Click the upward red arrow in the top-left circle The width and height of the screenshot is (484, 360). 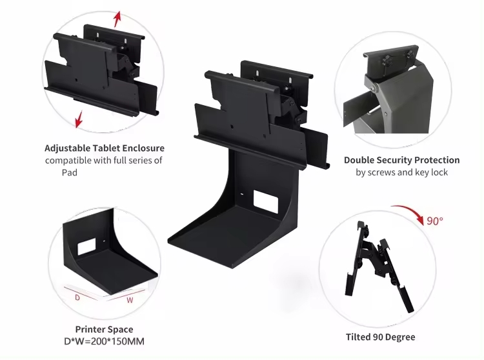pos(116,18)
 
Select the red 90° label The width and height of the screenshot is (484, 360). pos(434,221)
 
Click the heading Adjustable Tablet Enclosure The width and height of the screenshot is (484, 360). pos(105,148)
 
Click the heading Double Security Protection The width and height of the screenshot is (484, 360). pos(401,160)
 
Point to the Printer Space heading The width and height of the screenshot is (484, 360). pos(104,329)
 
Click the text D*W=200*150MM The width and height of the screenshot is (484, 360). pos(104,341)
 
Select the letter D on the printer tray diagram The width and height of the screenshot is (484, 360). pos(78,297)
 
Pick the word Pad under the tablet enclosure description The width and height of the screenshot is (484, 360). pos(70,172)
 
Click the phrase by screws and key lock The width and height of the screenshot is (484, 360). pos(401,172)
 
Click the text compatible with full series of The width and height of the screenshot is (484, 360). pos(103,160)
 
